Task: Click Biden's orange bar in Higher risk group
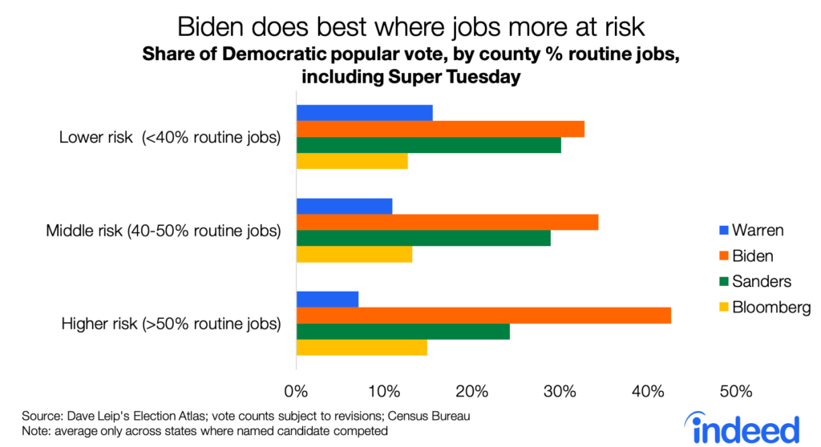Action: coord(483,316)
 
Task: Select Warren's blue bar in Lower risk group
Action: coord(365,113)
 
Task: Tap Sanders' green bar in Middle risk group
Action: coord(423,238)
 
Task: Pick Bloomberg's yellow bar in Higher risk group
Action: coord(362,348)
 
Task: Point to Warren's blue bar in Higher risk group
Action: coord(327,300)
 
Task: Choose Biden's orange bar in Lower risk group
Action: coord(440,129)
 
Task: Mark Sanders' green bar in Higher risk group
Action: coord(403,332)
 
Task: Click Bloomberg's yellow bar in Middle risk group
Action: coord(354,254)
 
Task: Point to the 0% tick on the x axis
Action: coord(297,392)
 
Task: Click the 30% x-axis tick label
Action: coord(560,392)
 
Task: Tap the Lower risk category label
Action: coord(170,137)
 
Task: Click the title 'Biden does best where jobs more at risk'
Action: coord(410,26)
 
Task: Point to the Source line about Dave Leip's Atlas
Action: coord(245,416)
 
